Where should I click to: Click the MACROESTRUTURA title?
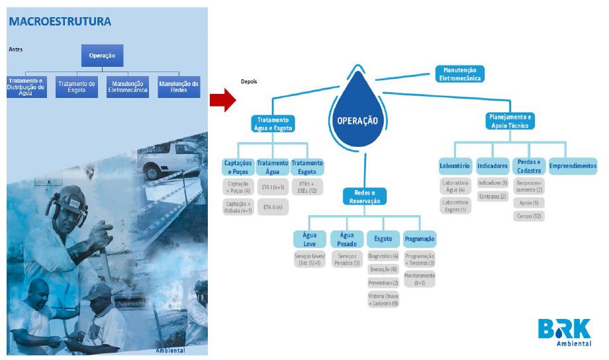tap(60, 21)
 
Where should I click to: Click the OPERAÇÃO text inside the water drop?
tap(353, 121)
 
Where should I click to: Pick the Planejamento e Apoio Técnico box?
tap(510, 120)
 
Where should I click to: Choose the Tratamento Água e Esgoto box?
tap(273, 124)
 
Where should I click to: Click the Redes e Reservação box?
tap(365, 196)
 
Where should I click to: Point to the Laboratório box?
tap(455, 165)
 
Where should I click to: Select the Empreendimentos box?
tap(573, 165)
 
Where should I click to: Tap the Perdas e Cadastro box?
tap(529, 165)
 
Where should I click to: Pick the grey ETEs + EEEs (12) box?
tap(308, 187)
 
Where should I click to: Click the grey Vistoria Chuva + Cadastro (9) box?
tap(383, 299)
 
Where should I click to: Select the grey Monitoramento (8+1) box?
tap(420, 279)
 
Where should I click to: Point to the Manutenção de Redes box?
tap(179, 87)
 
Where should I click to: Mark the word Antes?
tap(16, 49)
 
